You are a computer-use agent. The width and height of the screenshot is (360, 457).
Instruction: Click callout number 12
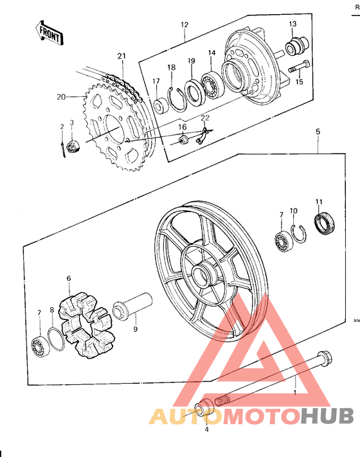click(184, 25)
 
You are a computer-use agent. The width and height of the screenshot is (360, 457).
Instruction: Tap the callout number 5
click(318, 131)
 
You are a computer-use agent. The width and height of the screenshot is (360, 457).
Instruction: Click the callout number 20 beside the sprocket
click(61, 98)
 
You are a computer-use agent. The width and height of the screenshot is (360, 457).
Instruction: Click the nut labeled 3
click(73, 147)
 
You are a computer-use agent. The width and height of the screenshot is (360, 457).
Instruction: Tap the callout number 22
click(204, 118)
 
